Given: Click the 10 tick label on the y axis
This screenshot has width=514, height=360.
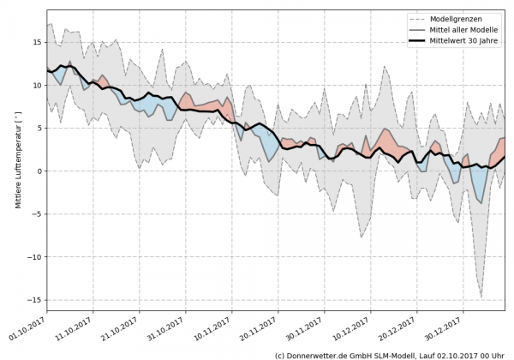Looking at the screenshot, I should coord(39,85).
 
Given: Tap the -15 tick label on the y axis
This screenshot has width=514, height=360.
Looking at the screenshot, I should coord(37,299).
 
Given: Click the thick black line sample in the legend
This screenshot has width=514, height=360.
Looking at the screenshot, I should coord(421,41).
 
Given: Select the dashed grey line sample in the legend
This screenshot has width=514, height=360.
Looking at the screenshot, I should coord(421,19).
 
